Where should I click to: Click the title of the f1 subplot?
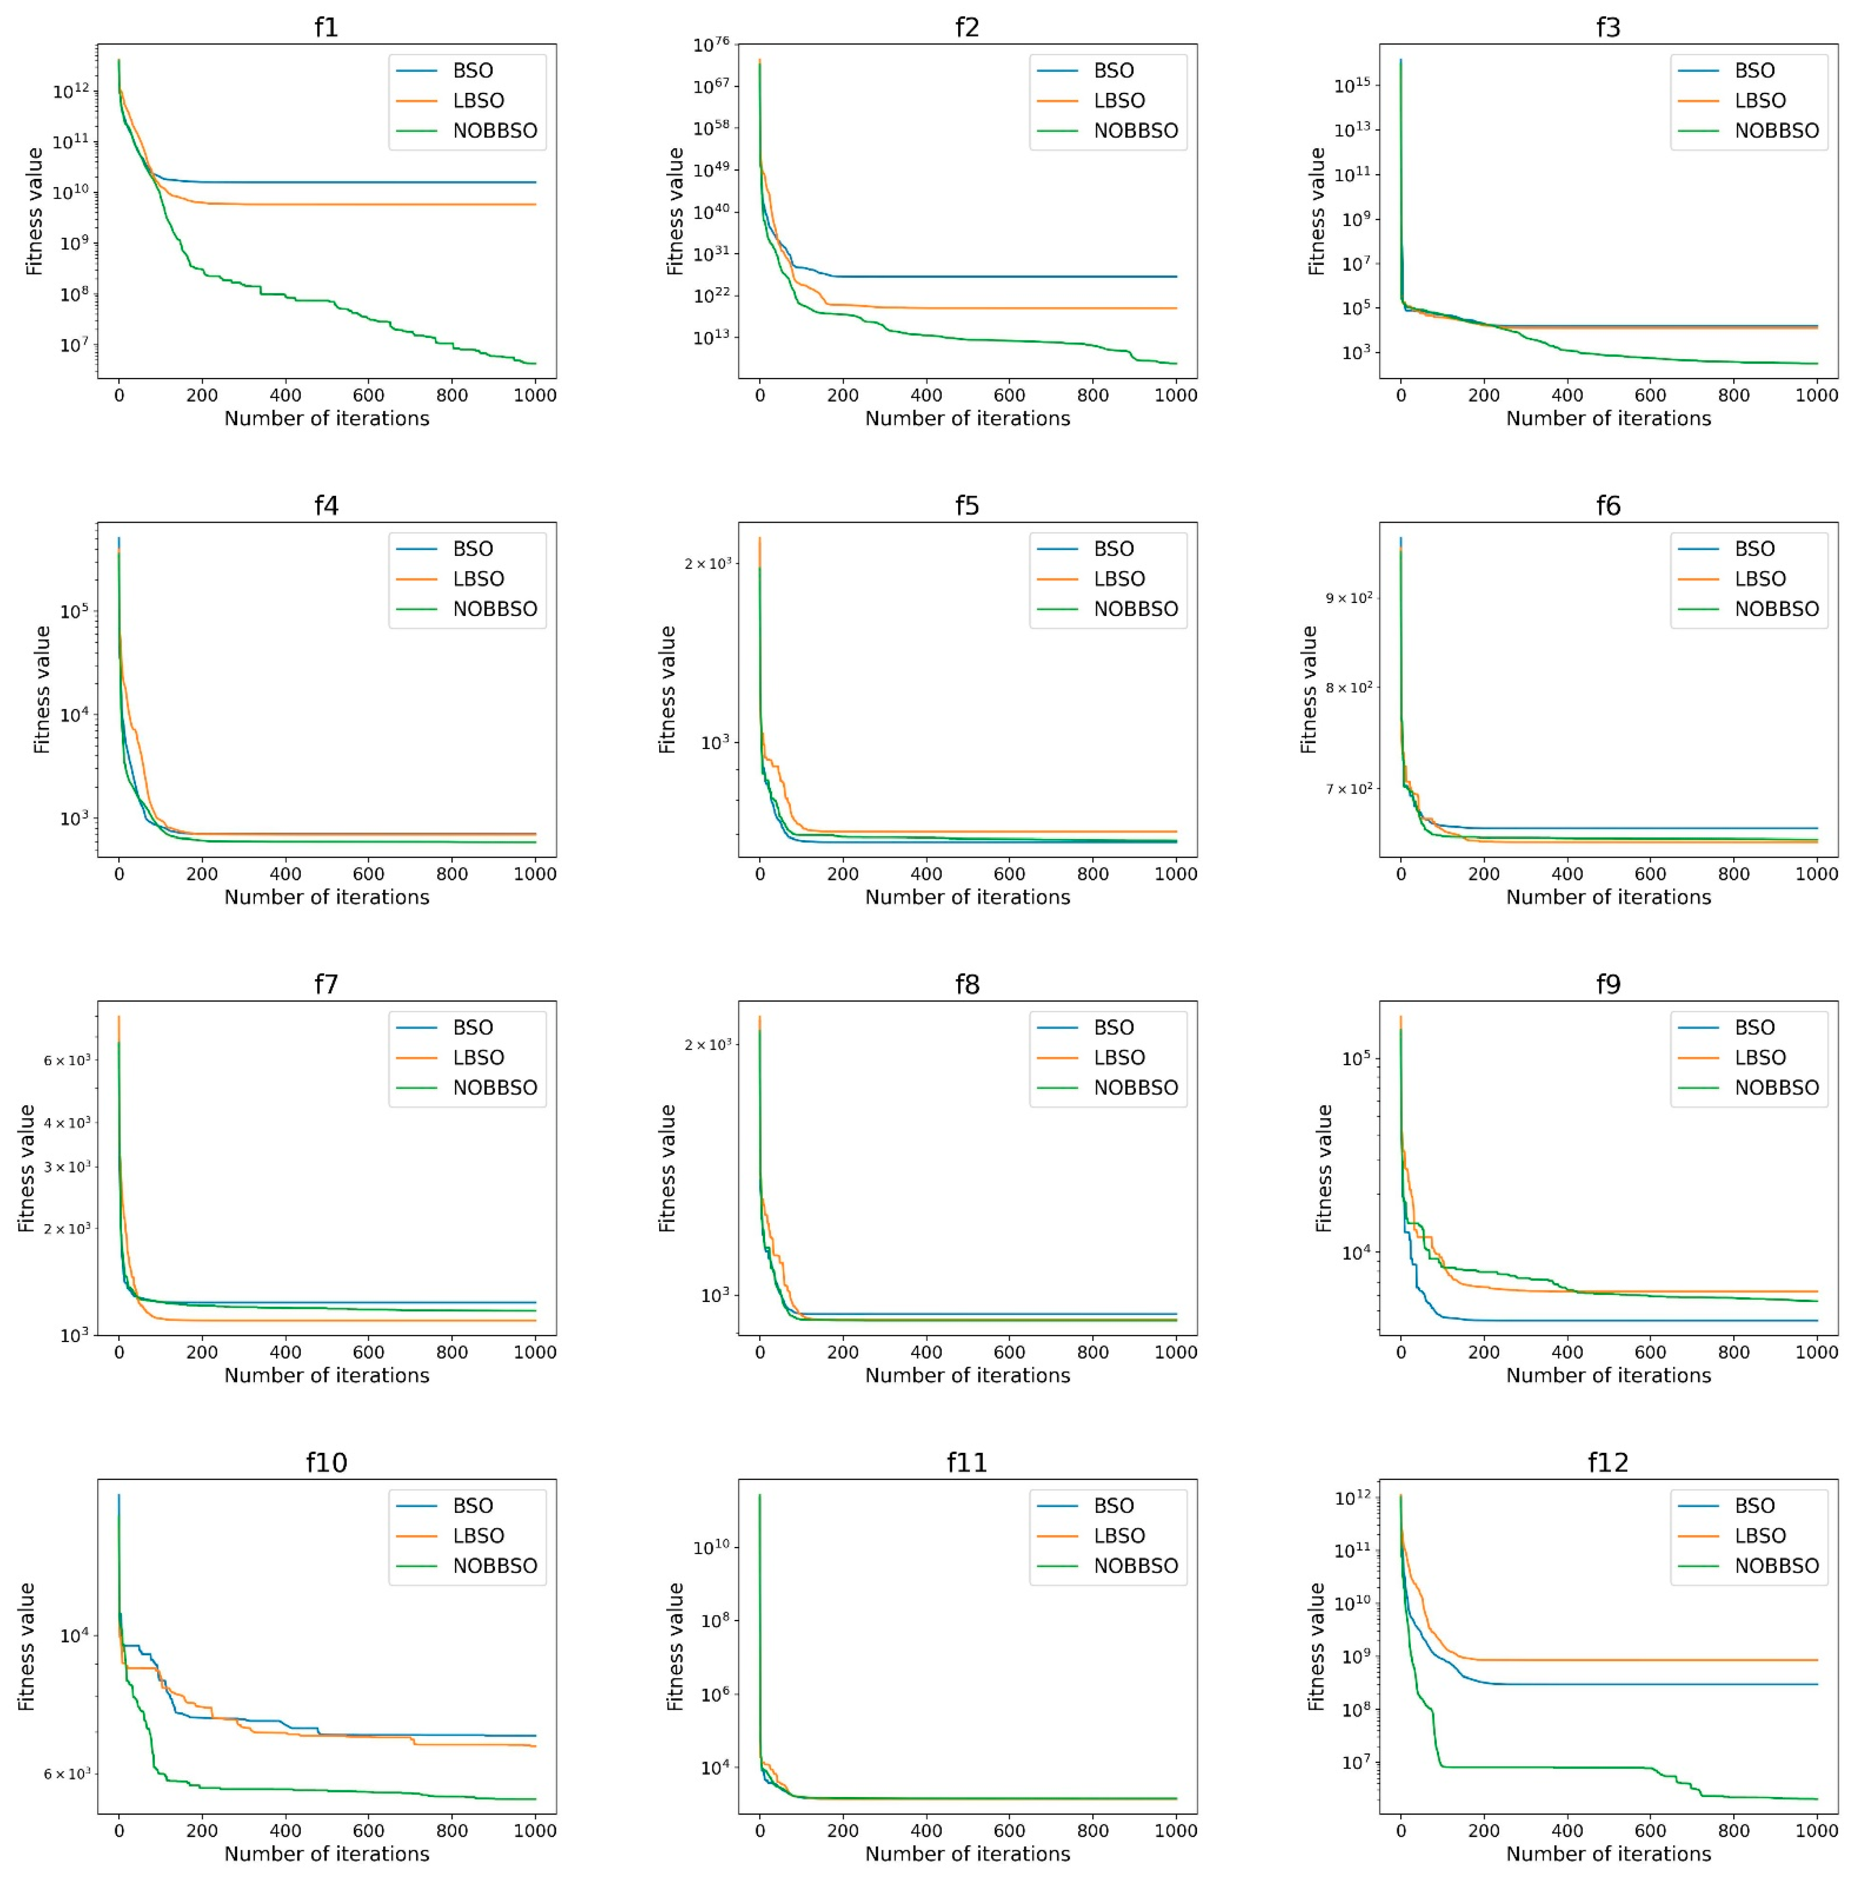pos(326,27)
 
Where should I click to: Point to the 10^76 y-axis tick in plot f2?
pos(711,45)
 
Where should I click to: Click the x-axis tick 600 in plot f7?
pos(368,1352)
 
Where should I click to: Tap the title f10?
pos(326,1462)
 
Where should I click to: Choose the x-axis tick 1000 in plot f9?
pos(1816,1352)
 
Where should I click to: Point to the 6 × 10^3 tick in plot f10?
pos(67,1774)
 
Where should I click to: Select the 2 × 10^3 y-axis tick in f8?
pos(708,1045)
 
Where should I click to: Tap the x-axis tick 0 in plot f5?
pos(760,874)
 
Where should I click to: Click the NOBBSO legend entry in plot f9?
pos(1775,1087)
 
